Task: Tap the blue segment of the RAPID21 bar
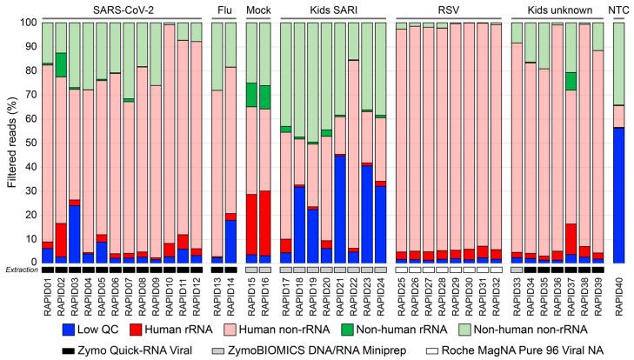tap(341, 209)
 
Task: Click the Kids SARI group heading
tap(333, 8)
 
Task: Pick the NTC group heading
tap(618, 8)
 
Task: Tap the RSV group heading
tap(448, 8)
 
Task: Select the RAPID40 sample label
tap(619, 290)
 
